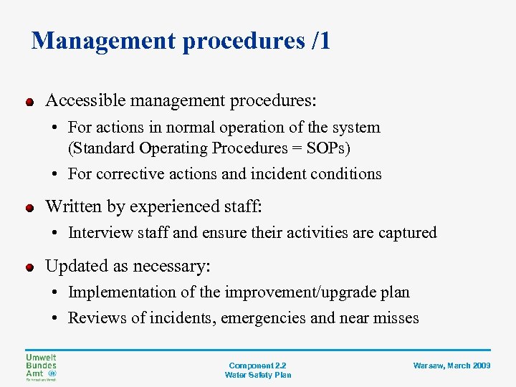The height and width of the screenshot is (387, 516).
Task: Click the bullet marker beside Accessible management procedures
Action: pyautogui.click(x=29, y=102)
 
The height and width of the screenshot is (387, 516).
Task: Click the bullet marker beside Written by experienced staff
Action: pyautogui.click(x=29, y=209)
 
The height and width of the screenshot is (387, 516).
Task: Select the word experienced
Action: pyautogui.click(x=161, y=207)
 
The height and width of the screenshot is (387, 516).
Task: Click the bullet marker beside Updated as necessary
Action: pyautogui.click(x=29, y=268)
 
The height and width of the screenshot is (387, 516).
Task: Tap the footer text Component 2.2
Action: pyautogui.click(x=257, y=365)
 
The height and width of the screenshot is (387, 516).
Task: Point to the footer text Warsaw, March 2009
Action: pyautogui.click(x=451, y=365)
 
